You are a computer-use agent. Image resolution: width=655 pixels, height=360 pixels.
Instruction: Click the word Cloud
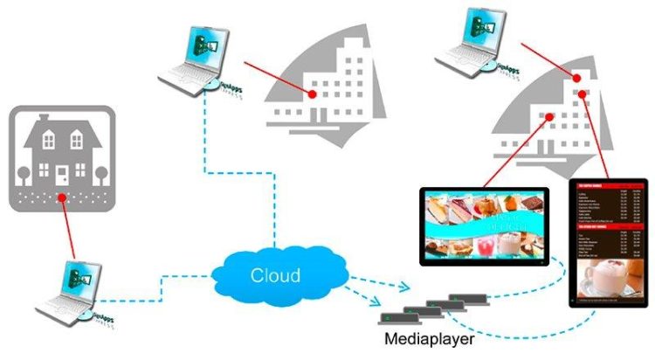275,275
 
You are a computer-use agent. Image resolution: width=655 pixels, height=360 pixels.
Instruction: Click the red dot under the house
61,198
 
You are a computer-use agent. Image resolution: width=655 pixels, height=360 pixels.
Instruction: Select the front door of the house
62,176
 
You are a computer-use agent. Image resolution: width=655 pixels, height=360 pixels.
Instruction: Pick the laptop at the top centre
196,58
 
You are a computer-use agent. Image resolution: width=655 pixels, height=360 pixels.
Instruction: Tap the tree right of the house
100,172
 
